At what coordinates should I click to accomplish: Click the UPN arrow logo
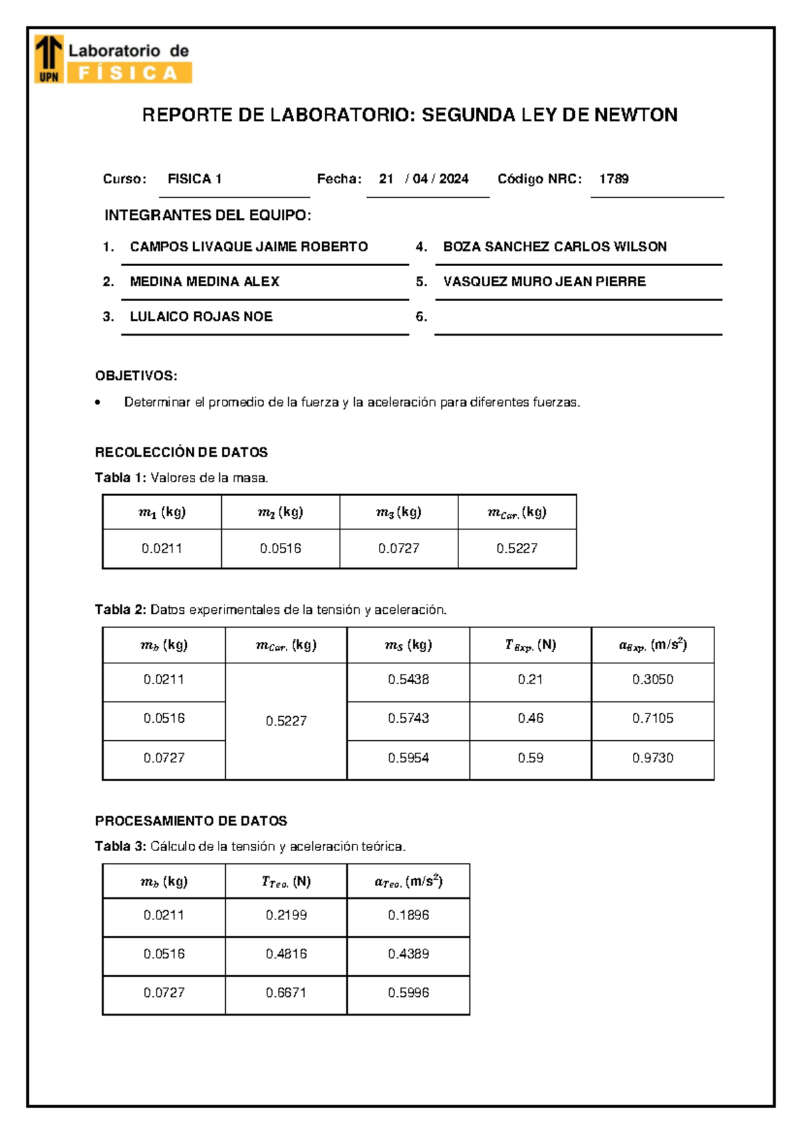(49, 58)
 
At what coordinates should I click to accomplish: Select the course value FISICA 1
(194, 179)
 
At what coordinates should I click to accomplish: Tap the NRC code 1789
(614, 179)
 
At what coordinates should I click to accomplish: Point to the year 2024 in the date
(454, 179)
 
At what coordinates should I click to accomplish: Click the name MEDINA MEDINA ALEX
(205, 281)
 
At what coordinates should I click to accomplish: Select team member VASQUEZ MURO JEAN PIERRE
(544, 281)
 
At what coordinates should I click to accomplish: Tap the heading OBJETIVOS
(136, 376)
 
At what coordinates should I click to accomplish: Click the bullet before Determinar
(98, 403)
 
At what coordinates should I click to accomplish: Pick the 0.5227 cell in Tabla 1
(517, 548)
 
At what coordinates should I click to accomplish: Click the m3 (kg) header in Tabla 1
(398, 512)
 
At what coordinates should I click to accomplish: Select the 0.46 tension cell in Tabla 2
(530, 718)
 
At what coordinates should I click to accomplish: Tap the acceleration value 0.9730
(652, 758)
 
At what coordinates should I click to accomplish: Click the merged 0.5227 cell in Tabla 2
(286, 721)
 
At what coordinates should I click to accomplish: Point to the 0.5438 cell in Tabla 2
(408, 679)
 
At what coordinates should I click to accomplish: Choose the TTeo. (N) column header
(286, 882)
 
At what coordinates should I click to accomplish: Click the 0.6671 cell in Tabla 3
(286, 993)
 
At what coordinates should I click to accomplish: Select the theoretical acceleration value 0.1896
(408, 915)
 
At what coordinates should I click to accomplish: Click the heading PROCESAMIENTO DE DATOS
(191, 821)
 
